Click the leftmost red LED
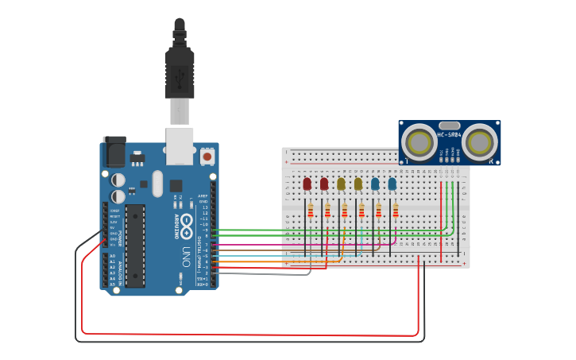pos(307,184)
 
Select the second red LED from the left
pos(324,184)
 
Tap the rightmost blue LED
pos(392,184)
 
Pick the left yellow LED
pos(341,184)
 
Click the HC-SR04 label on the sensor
pos(449,134)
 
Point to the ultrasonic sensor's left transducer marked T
pos(418,142)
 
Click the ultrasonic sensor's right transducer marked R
pos(480,142)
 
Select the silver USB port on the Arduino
pos(180,141)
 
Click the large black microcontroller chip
pos(135,246)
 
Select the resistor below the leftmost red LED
pos(310,211)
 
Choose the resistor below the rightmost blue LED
pos(395,211)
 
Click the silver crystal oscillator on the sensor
pos(449,125)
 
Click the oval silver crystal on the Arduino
pos(157,183)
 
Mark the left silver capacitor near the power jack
pos(118,180)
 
